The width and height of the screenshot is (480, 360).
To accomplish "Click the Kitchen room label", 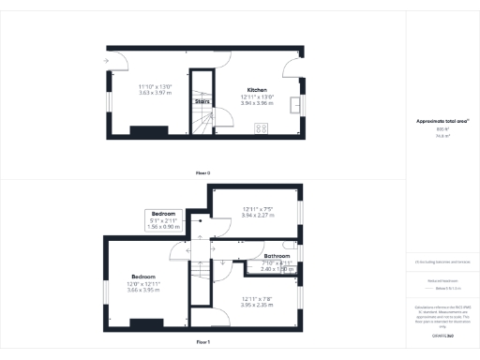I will [257, 90].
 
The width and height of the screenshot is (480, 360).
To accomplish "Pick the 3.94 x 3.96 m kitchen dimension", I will [257, 103].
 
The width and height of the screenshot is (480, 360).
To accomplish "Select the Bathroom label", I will [277, 256].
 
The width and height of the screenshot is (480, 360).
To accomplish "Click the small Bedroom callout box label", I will [165, 214].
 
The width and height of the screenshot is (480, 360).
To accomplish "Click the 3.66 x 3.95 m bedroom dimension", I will [143, 290].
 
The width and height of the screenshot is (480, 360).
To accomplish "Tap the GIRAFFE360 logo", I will [443, 334].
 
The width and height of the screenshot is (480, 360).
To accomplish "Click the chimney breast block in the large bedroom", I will [145, 324].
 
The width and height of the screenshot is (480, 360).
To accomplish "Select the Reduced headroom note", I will [442, 280].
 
